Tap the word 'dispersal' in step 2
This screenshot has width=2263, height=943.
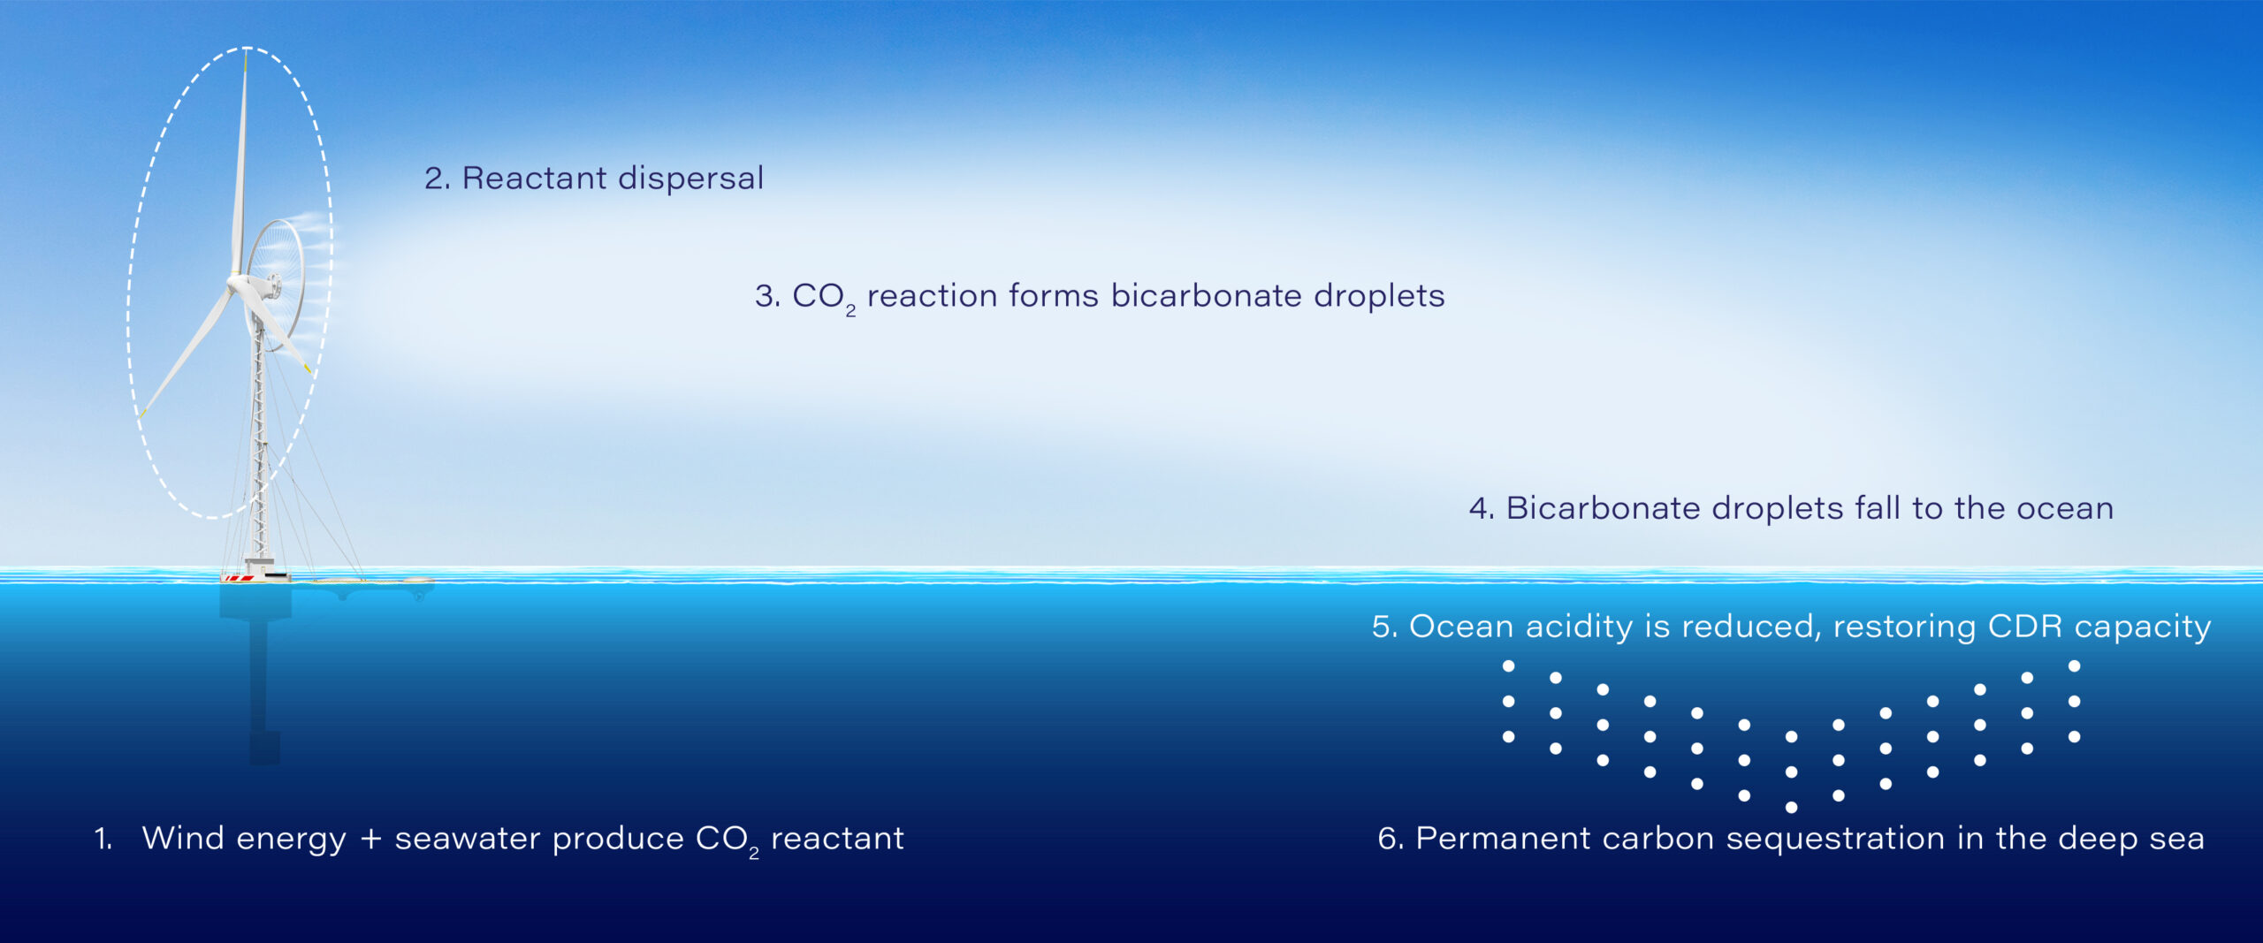(690, 179)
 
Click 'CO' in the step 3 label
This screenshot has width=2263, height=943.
(818, 296)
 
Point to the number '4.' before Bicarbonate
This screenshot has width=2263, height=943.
(1482, 509)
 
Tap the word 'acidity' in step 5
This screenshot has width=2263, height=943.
(1579, 627)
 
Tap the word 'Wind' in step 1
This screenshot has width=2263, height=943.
(182, 839)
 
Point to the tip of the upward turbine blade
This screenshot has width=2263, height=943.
(246, 51)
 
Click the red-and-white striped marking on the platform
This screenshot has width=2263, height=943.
(239, 578)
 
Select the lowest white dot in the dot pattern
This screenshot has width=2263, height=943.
(1791, 807)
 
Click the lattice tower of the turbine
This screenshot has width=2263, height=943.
(259, 442)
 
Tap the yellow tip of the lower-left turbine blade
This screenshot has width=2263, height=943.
(142, 411)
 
